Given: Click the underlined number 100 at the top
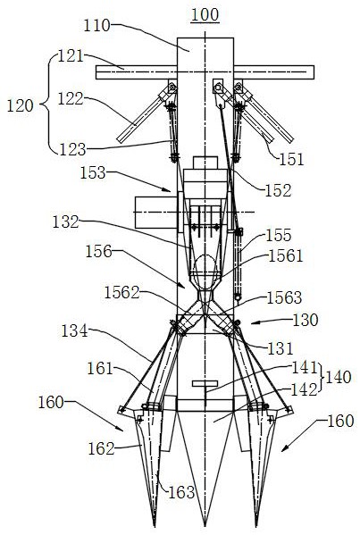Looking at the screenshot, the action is (x=205, y=15).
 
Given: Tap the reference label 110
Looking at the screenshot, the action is (x=97, y=26).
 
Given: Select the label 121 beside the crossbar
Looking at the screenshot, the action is (x=71, y=56).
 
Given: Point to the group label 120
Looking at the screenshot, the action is (x=21, y=105).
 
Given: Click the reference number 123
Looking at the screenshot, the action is (x=72, y=149).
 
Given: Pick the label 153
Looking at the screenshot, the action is (x=93, y=173).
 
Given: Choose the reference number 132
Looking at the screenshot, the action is (x=65, y=222).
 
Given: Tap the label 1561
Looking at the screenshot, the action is (x=286, y=256).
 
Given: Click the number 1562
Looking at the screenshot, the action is (x=121, y=293).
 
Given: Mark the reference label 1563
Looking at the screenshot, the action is (x=284, y=297).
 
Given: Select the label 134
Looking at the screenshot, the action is (x=74, y=330).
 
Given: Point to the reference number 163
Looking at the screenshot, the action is (x=181, y=492).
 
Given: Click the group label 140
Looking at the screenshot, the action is (x=339, y=378).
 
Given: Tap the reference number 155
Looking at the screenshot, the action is (x=279, y=235).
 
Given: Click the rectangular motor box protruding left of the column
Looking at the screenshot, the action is (x=156, y=213).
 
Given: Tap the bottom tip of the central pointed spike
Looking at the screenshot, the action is (x=205, y=525).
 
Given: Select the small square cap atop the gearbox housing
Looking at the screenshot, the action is (x=205, y=163).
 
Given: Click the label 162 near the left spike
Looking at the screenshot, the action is (x=101, y=448).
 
